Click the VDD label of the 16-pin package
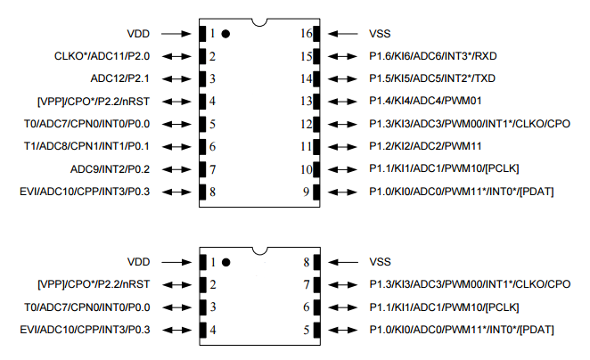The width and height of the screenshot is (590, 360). click(x=139, y=34)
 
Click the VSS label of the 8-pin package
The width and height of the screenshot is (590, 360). click(x=381, y=263)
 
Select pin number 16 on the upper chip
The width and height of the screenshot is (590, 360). click(x=304, y=34)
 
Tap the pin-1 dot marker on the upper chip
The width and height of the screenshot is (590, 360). click(x=225, y=34)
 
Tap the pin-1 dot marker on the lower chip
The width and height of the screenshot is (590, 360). click(x=225, y=263)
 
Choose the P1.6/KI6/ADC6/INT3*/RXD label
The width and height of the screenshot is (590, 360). click(x=444, y=57)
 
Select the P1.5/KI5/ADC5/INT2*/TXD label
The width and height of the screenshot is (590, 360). click(x=444, y=78)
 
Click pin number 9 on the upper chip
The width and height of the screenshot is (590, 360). click(x=306, y=192)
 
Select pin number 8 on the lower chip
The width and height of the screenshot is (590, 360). click(x=306, y=263)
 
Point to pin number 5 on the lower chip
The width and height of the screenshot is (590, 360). click(x=306, y=331)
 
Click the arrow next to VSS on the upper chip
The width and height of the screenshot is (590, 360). click(x=341, y=34)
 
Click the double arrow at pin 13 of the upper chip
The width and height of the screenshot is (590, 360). click(x=341, y=101)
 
